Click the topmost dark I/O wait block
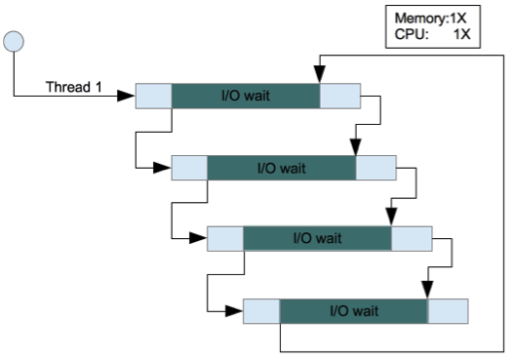(246, 96)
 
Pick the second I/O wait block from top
(282, 167)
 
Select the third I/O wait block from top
(318, 238)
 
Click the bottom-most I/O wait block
(354, 310)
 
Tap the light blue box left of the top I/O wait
(154, 96)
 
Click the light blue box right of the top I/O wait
(339, 96)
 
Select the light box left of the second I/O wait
(189, 167)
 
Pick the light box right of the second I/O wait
(375, 167)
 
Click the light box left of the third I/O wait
(225, 238)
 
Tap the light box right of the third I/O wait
(412, 238)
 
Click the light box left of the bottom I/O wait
(261, 310)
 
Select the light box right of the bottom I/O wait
(448, 310)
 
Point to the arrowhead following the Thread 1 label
(127, 96)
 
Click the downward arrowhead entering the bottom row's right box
(428, 290)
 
